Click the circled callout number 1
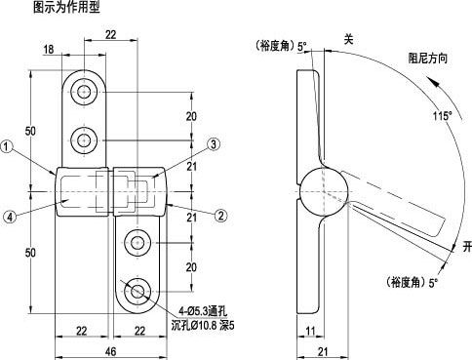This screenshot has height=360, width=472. click(x=6, y=146)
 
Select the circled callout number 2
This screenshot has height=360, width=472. click(x=220, y=216)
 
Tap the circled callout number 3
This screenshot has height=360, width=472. click(x=214, y=144)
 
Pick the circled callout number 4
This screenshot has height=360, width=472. click(x=10, y=217)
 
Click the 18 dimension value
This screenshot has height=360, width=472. click(x=49, y=50)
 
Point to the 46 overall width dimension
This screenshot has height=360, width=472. click(x=110, y=351)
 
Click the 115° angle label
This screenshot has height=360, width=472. click(x=443, y=116)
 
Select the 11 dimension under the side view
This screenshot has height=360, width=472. click(x=310, y=331)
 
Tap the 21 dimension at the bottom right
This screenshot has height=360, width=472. click(x=323, y=351)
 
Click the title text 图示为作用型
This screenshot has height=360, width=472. click(x=66, y=7)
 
